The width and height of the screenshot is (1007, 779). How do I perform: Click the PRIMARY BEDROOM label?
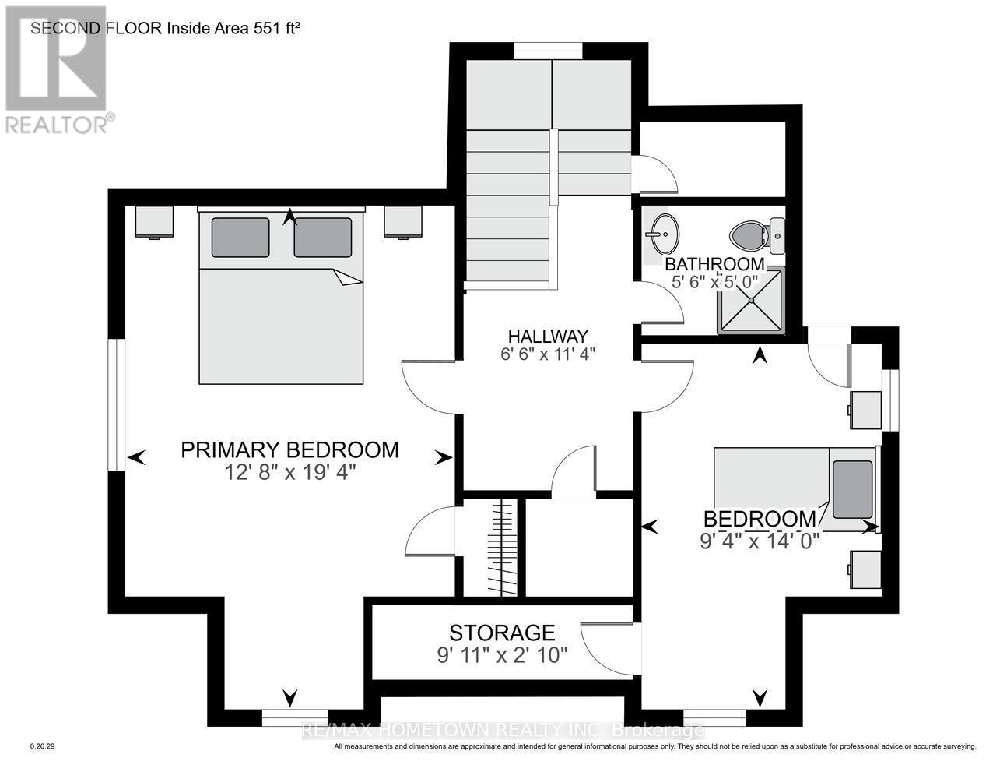tap(289, 450)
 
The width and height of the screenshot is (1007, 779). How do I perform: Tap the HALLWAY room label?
tap(547, 337)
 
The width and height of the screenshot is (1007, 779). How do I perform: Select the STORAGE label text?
tap(502, 632)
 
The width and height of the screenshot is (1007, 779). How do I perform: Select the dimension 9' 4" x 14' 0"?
tap(760, 541)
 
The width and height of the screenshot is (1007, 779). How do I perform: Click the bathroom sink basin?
tap(663, 232)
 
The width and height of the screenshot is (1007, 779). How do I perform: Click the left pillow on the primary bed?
tap(240, 238)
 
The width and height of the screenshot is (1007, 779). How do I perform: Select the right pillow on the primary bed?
tap(322, 238)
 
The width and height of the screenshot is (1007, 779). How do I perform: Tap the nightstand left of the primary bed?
tap(154, 221)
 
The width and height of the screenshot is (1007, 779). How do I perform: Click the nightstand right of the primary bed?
tap(403, 221)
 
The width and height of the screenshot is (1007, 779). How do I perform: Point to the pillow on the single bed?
tap(852, 490)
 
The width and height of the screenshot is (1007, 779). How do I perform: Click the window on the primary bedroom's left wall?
tap(117, 404)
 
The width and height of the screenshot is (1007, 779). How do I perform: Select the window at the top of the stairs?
tap(548, 51)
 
